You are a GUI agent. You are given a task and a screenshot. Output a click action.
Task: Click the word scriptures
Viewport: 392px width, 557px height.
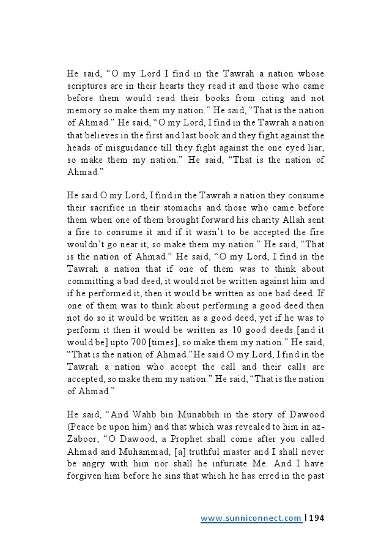(87, 86)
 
